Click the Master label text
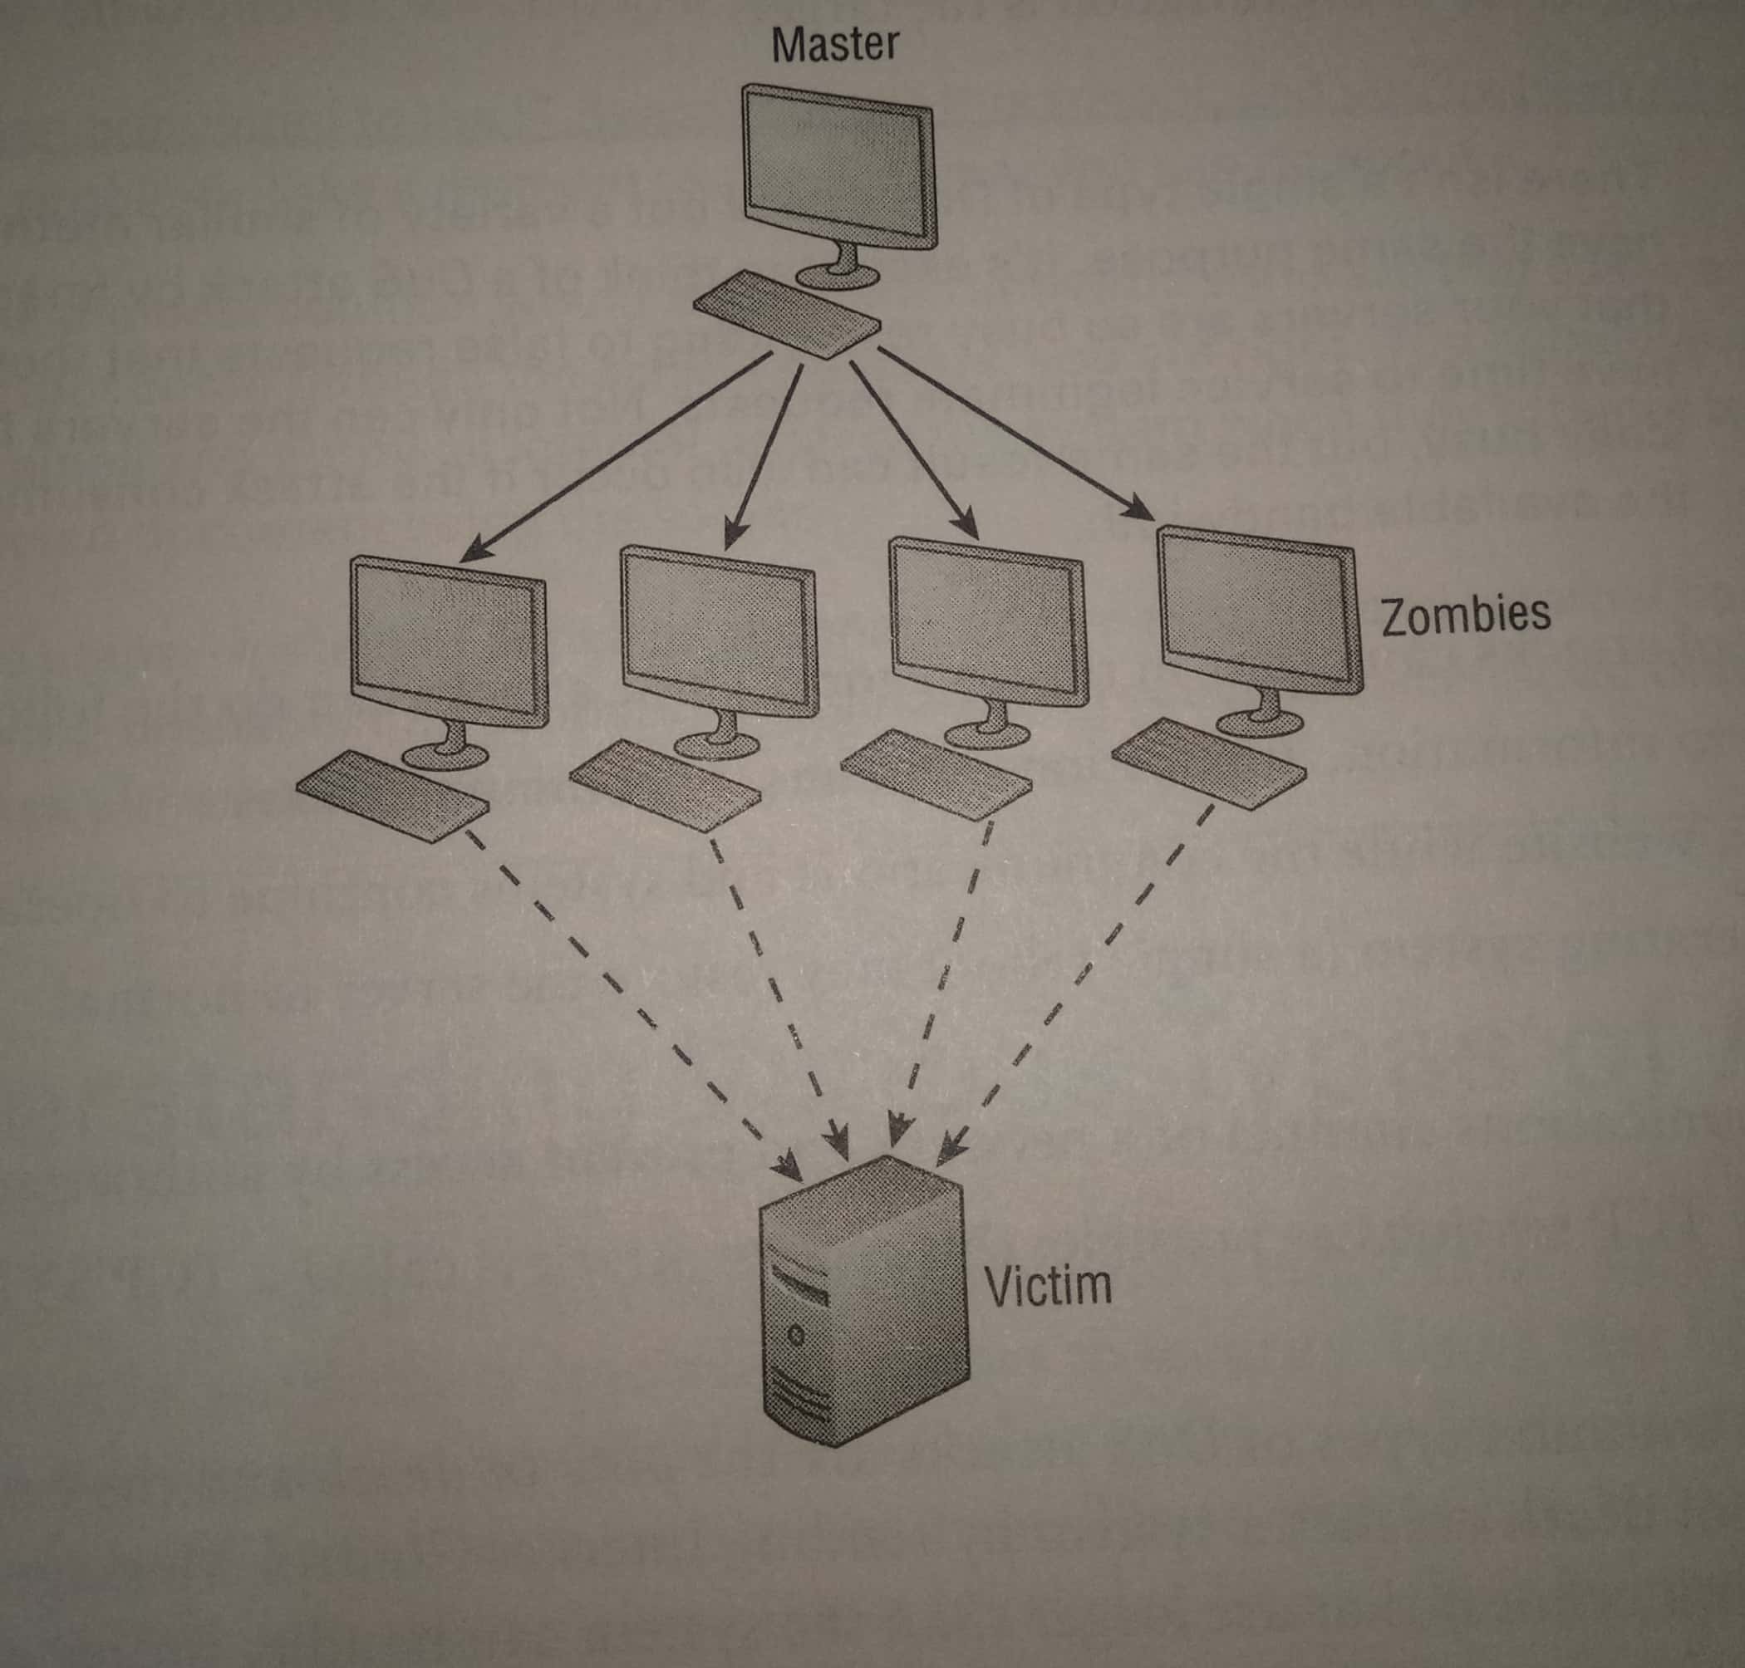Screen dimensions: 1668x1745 tap(835, 45)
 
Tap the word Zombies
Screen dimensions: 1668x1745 tap(1465, 615)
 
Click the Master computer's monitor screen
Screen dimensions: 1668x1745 tap(837, 164)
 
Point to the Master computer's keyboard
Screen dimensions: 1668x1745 tap(786, 313)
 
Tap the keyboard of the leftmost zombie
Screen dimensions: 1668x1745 tap(391, 792)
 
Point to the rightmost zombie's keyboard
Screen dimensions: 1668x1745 tap(1208, 763)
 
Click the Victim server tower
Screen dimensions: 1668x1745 tap(863, 1298)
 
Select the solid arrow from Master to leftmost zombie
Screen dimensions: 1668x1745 tap(614, 458)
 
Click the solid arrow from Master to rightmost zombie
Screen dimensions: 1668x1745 tap(1014, 433)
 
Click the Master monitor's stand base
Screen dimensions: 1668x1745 tap(837, 276)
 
